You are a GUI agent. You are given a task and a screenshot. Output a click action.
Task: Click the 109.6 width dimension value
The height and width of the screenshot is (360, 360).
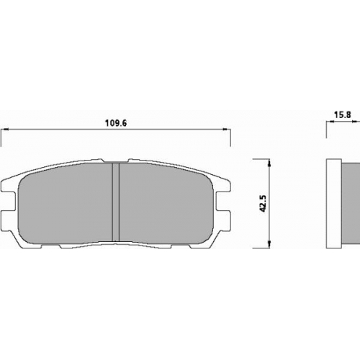[116, 123]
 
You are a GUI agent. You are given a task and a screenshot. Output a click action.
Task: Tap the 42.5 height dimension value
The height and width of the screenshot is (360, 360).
[263, 204]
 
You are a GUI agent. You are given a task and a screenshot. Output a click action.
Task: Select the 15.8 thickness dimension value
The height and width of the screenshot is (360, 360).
[343, 114]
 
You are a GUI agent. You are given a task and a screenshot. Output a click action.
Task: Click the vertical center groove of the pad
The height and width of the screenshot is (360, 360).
[116, 202]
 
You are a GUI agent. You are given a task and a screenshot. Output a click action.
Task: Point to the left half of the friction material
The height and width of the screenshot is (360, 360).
[66, 204]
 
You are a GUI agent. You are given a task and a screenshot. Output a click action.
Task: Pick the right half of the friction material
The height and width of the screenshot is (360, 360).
[166, 204]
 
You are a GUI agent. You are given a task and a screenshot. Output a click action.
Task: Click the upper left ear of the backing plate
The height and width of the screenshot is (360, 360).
[9, 186]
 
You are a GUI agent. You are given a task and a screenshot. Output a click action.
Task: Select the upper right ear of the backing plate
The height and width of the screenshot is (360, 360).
[222, 186]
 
